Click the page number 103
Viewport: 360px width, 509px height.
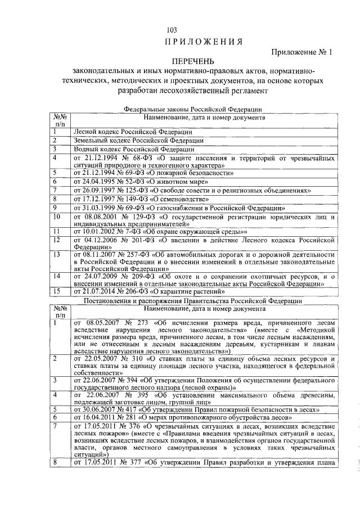tap(172, 30)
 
